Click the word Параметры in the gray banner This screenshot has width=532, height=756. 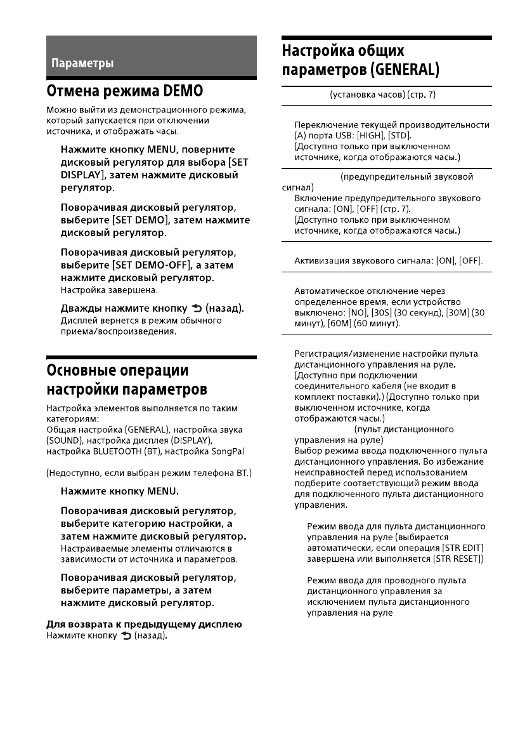[82, 63]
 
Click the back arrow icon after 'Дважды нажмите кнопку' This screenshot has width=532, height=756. [195, 308]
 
